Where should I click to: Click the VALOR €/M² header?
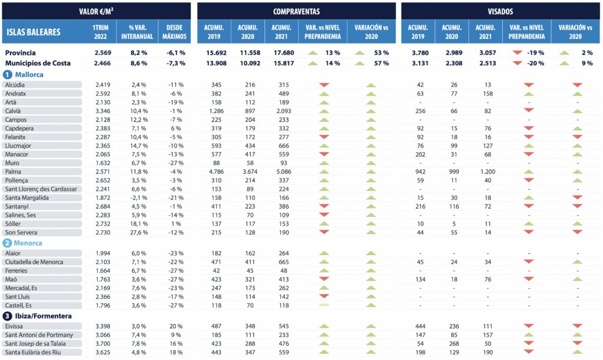[97, 11]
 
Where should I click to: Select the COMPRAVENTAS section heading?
[296, 11]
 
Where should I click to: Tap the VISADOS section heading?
[500, 11]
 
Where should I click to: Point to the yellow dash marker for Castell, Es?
[323, 305]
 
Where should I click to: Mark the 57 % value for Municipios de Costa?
[381, 63]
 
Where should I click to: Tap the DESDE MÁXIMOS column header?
[174, 32]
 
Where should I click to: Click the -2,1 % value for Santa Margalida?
[138, 198]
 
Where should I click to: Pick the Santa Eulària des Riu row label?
[37, 352]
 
